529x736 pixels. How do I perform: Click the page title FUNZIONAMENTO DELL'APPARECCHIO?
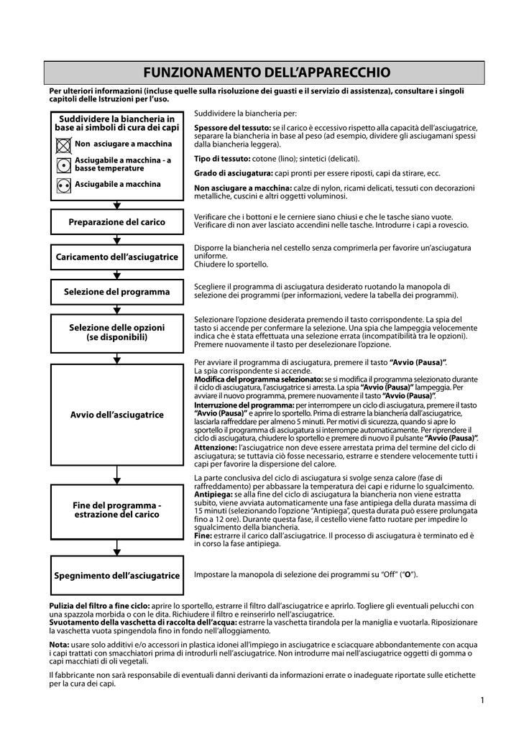click(267, 73)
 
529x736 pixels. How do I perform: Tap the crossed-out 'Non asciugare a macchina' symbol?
click(63, 144)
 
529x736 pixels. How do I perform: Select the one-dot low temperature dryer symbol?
click(63, 165)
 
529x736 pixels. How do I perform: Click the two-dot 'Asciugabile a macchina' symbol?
click(63, 185)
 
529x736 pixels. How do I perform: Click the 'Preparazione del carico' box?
click(117, 222)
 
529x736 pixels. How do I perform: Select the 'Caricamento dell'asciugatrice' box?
click(117, 257)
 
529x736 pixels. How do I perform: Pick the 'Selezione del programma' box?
click(117, 292)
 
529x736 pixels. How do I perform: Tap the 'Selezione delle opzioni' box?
click(117, 332)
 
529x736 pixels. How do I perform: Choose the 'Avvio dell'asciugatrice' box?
click(117, 415)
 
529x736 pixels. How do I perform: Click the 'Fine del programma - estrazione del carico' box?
click(117, 510)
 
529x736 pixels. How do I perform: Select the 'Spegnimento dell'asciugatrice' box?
click(117, 576)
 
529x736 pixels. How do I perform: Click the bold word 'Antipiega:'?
click(213, 494)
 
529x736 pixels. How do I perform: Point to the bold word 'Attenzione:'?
click(216, 447)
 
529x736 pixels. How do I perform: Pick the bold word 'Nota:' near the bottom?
click(60, 645)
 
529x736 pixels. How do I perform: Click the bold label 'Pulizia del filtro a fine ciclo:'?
click(99, 606)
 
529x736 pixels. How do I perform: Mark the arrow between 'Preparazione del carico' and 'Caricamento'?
click(117, 240)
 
